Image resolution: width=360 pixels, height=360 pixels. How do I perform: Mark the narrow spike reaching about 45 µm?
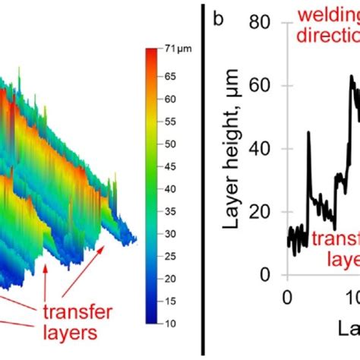click(308, 137)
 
